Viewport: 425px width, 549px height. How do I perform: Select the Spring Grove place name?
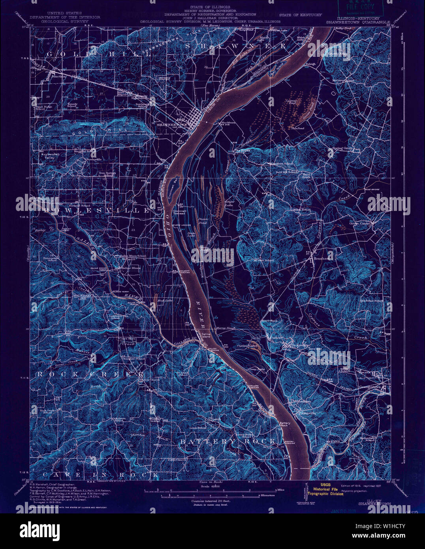[342, 149]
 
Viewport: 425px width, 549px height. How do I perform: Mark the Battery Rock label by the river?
[285, 425]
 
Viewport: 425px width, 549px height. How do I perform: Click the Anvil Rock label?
[270, 321]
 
